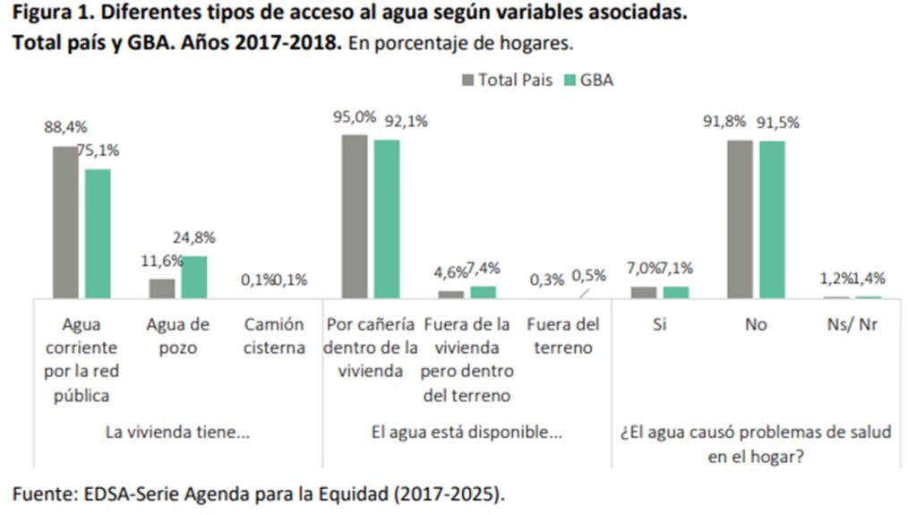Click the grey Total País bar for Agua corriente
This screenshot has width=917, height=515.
[x=65, y=221]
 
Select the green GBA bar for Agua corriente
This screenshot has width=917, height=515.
[x=99, y=233]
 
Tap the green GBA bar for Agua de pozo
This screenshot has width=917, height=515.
[x=193, y=277]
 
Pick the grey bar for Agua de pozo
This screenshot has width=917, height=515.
[x=162, y=288]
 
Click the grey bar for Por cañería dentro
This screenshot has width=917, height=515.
[x=355, y=216]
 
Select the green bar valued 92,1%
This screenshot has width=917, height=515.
[x=387, y=219]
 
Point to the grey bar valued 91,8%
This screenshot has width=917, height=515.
[x=740, y=219]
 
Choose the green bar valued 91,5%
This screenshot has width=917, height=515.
[x=772, y=219]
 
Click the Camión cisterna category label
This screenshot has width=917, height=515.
[x=274, y=336]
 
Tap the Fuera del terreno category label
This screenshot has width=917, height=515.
[x=562, y=336]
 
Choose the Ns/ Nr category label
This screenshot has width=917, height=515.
[x=853, y=324]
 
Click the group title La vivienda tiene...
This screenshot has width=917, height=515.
[x=177, y=432]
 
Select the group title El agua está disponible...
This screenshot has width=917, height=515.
[x=467, y=432]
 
